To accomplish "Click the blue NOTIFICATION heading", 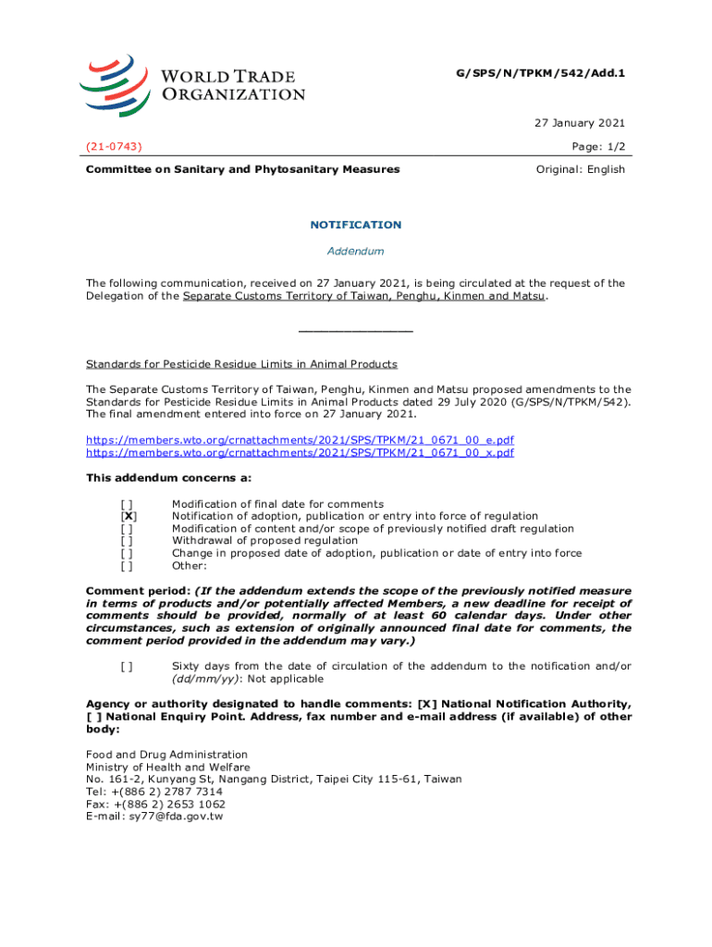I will coord(355,225).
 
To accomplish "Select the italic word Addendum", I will coord(355,252).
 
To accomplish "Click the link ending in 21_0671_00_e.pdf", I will coord(301,440).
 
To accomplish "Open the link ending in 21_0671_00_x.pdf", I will coord(301,453).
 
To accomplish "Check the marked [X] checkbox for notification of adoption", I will coord(129,516).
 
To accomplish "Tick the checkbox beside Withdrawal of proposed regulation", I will coord(127,541).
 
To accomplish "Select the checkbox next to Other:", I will coord(127,566).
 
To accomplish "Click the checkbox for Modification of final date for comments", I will coord(127,504).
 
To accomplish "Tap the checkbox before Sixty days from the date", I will coord(127,667).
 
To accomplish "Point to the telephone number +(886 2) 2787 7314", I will coord(166,792).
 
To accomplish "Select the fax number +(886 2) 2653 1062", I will coord(168,804).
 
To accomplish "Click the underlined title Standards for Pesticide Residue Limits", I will coord(241,364).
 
